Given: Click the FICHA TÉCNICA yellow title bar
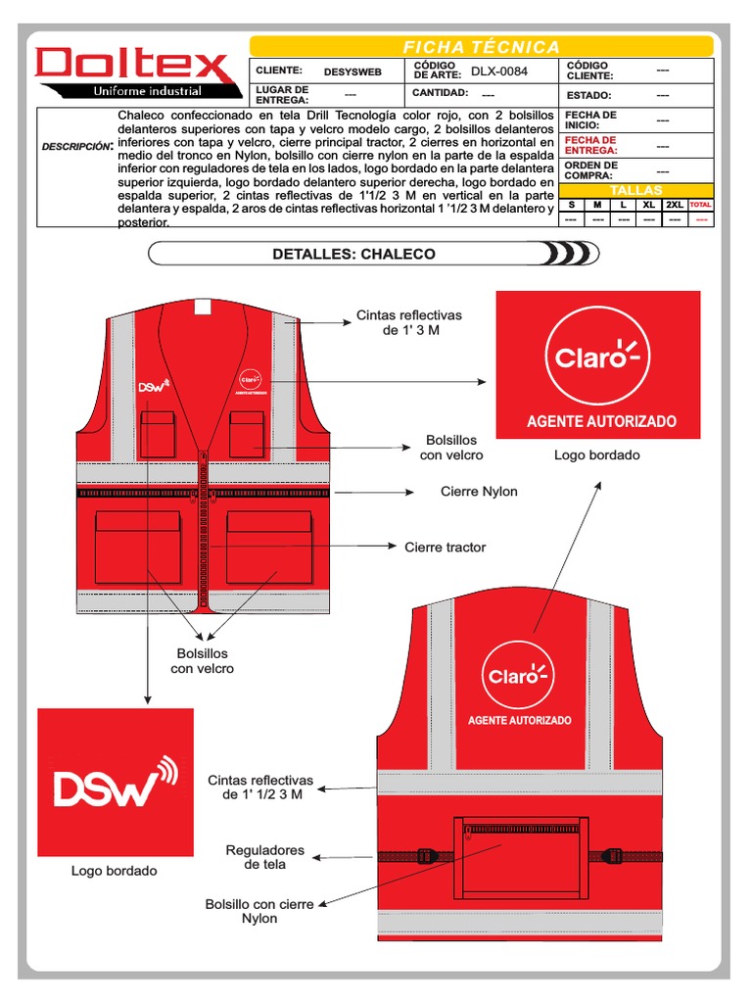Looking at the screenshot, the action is point(482,47).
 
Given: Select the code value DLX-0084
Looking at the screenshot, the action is point(499,71).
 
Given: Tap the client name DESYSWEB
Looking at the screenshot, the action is point(352,72).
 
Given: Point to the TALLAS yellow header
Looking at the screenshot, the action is point(636,190).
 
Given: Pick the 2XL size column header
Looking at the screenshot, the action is point(675,205).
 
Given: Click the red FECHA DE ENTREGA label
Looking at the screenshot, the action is point(590,145).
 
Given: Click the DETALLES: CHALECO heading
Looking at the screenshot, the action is point(353,254).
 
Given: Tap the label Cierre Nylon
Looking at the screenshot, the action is point(479,492).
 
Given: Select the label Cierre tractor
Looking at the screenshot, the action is point(445,548).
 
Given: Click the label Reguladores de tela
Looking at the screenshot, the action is point(265,857).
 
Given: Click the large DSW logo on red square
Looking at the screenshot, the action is point(116,783).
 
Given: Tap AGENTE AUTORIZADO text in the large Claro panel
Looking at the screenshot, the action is point(601,421).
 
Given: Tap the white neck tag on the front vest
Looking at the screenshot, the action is point(202,306).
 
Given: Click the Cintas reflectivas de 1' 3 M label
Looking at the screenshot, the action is point(408,322).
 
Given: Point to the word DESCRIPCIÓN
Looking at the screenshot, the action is point(77,147).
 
